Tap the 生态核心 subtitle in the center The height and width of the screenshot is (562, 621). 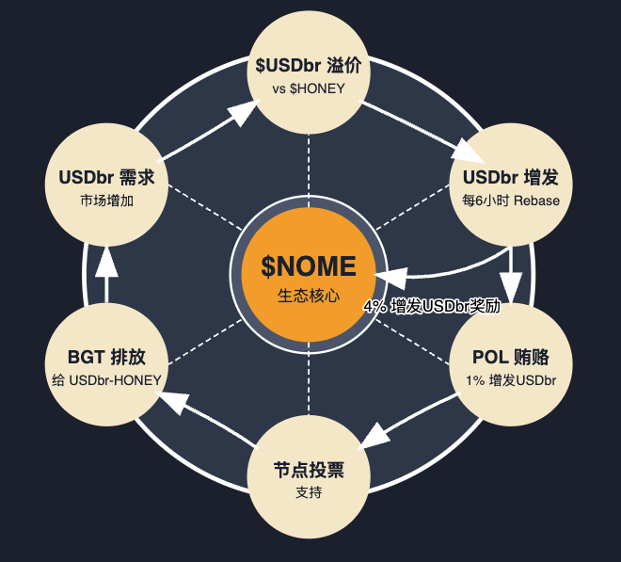coord(308,295)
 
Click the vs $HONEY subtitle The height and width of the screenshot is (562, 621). coord(308,88)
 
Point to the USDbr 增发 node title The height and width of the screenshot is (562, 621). coord(511,178)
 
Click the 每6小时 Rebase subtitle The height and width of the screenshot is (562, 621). coord(511,201)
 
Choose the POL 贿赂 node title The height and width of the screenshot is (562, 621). coord(511,358)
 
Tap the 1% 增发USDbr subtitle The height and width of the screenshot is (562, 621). coord(511,380)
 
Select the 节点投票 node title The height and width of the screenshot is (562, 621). coord(308,469)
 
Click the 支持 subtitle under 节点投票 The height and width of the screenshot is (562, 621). coord(308,491)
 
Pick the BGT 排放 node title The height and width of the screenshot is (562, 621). coord(105,358)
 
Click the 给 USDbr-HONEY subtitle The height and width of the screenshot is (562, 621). coord(105,380)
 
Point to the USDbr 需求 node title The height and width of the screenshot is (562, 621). coord(105,178)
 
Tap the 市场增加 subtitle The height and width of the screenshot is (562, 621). coord(105,201)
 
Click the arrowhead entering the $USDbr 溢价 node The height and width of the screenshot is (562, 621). coord(243,112)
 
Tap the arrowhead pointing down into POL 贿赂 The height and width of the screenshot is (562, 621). coord(511,286)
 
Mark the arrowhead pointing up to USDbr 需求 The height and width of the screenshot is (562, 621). coord(106,263)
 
